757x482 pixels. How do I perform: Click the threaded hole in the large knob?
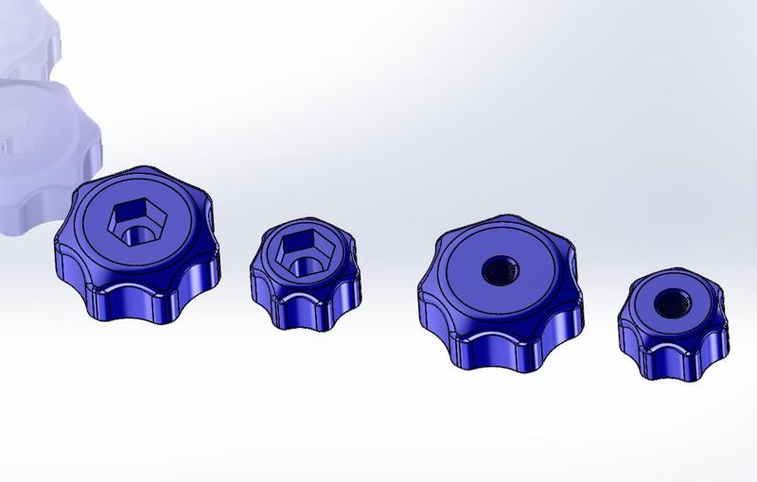coord(497,272)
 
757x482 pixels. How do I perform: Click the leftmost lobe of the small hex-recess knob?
coord(256,279)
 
